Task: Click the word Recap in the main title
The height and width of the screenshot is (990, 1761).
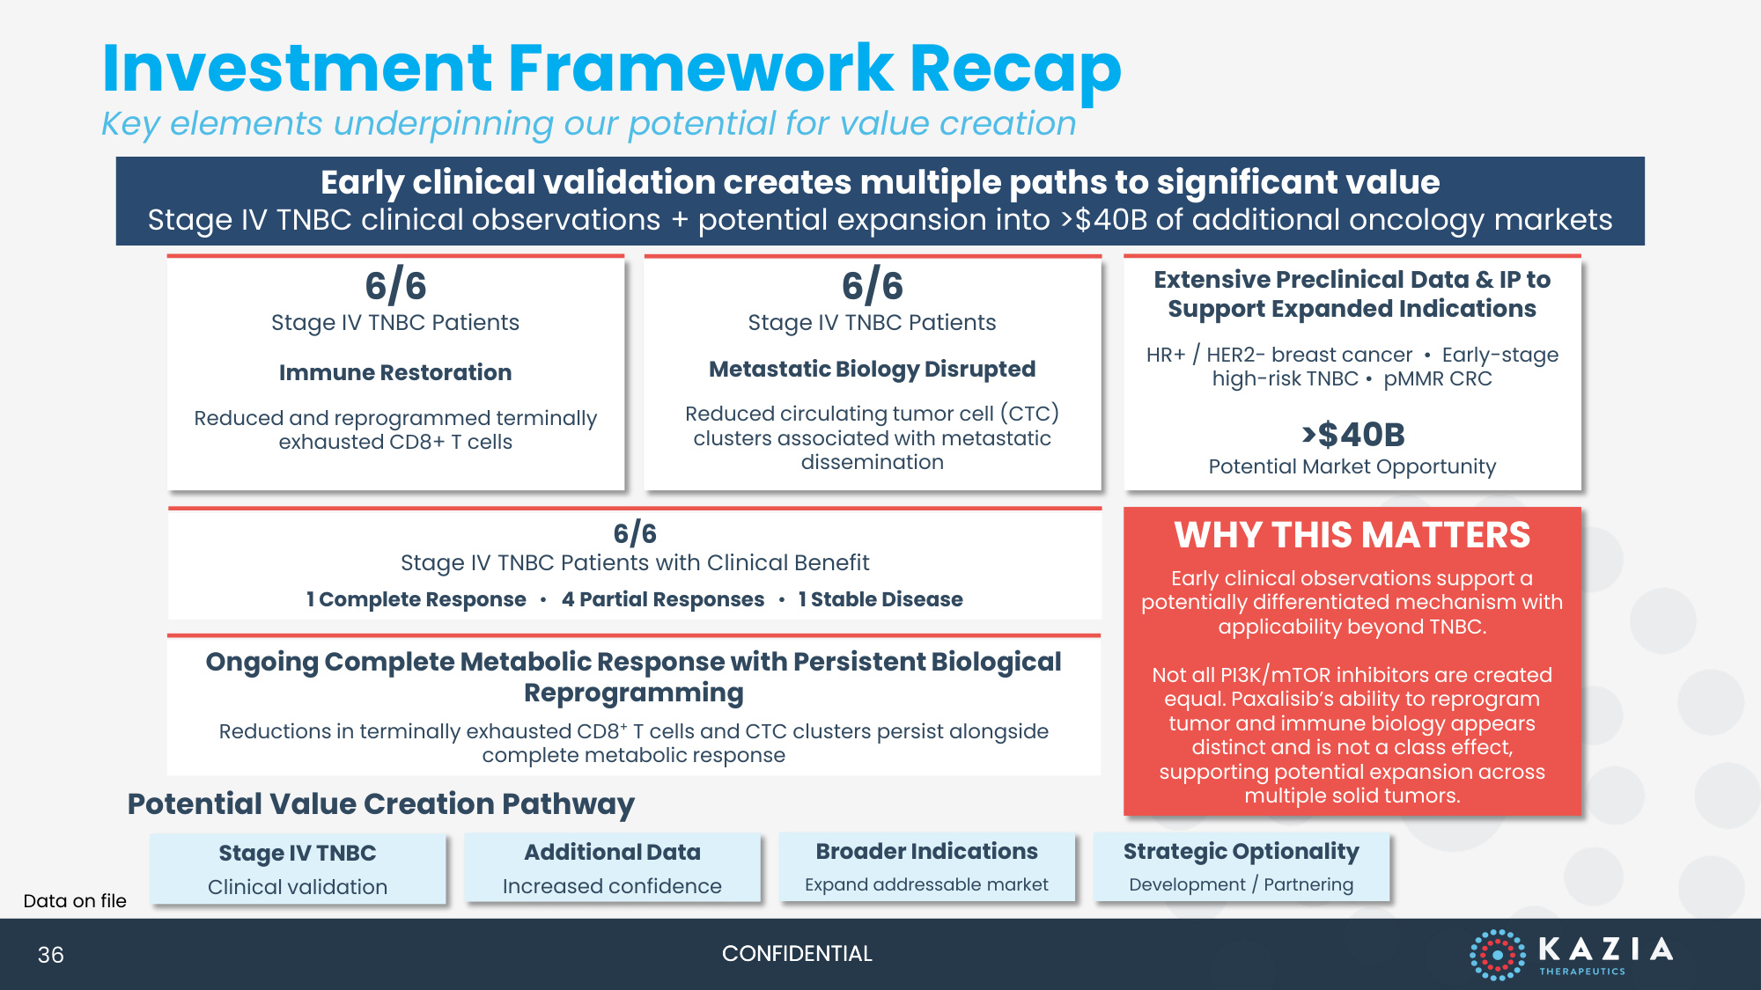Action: [1015, 70]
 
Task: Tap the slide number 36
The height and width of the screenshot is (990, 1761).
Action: [51, 955]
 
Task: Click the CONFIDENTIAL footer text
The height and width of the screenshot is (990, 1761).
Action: [797, 954]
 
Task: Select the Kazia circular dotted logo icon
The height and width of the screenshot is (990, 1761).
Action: [1497, 955]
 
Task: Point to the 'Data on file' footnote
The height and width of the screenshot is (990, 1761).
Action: [75, 901]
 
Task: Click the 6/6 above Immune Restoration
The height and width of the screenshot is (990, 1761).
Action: [395, 286]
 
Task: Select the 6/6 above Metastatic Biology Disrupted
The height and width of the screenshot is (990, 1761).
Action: [872, 286]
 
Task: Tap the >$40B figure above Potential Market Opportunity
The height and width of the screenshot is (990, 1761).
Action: [1353, 434]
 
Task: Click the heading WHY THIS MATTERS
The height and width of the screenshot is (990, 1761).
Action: [1352, 535]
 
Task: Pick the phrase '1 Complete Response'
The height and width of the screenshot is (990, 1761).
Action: [416, 599]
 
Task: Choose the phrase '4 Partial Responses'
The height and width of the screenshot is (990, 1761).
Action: [663, 599]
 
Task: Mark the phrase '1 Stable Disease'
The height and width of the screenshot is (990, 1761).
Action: [880, 599]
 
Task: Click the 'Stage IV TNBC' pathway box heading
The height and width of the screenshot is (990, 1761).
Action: [298, 853]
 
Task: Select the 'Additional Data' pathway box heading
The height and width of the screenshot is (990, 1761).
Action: [612, 852]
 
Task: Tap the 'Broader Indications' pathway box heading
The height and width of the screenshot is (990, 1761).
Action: [926, 851]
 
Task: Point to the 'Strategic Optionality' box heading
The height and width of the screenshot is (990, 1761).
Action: [1242, 852]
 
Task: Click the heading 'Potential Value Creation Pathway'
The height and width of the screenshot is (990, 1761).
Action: [380, 804]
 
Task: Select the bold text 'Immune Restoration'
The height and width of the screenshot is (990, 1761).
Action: [395, 372]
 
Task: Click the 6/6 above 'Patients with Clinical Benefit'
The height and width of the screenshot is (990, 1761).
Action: [635, 533]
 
